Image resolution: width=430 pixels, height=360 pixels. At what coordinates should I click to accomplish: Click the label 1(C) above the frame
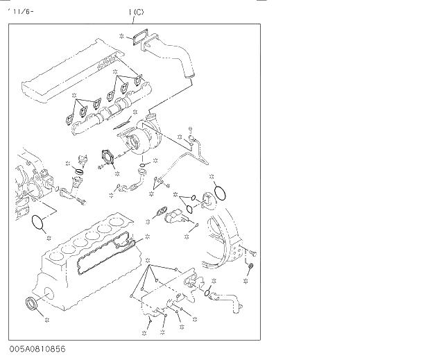pyautogui.click(x=136, y=12)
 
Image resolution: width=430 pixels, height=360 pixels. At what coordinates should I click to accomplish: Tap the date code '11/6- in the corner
pyautogui.click(x=20, y=12)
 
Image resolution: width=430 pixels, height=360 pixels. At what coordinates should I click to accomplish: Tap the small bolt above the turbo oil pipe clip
pyautogui.click(x=189, y=130)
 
